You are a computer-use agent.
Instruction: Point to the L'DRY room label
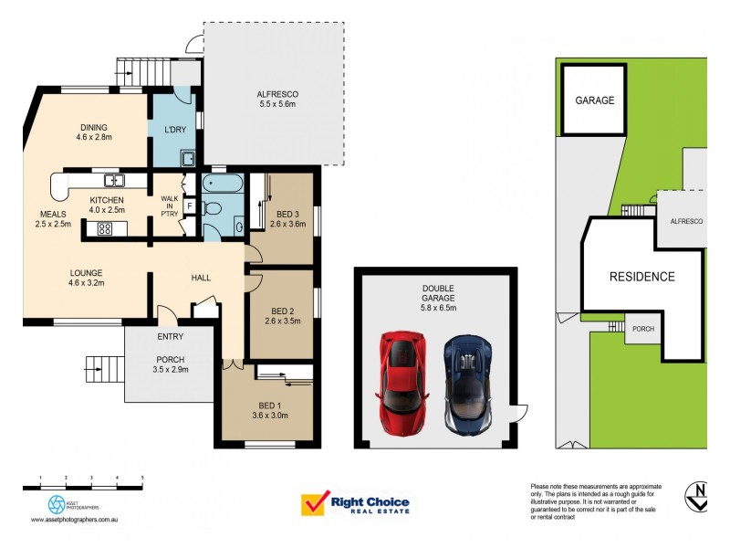point(175,130)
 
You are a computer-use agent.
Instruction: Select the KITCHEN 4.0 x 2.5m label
point(107,205)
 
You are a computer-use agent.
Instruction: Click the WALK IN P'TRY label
point(169,205)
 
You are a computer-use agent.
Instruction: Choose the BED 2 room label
point(281,315)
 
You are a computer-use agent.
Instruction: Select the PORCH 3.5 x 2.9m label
point(170,364)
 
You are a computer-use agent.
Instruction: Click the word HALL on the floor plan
point(202,278)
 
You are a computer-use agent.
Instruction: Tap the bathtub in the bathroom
point(223,184)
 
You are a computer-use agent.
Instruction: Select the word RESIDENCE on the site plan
point(642,277)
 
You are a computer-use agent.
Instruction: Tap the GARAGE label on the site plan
point(593,100)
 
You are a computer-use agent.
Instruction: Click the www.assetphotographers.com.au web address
point(77,520)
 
